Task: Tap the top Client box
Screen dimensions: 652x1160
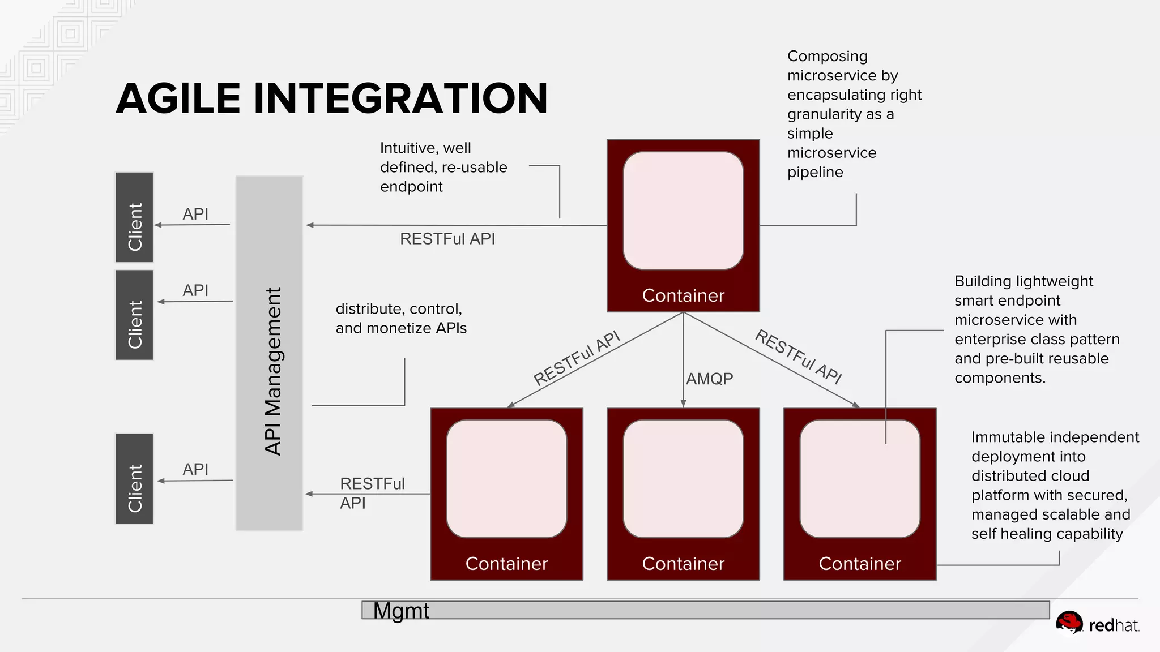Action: (134, 217)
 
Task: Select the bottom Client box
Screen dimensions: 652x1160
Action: (134, 479)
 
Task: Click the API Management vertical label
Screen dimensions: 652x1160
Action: (273, 371)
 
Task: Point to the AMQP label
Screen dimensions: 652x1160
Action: (709, 379)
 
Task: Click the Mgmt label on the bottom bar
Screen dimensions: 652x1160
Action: (401, 611)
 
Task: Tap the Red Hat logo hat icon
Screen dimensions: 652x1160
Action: (1069, 623)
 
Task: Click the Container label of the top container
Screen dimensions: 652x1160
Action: (683, 295)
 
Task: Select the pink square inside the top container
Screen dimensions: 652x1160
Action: (683, 211)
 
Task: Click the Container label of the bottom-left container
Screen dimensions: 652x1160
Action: (506, 564)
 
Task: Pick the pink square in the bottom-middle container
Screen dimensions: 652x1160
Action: (683, 479)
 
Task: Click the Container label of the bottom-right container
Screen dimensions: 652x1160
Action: (860, 564)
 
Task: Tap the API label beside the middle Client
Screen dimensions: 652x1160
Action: (195, 290)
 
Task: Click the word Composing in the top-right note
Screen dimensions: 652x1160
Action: (827, 57)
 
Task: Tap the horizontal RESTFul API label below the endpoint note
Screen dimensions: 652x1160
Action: (447, 239)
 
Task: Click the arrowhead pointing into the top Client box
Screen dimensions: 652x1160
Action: (158, 225)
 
